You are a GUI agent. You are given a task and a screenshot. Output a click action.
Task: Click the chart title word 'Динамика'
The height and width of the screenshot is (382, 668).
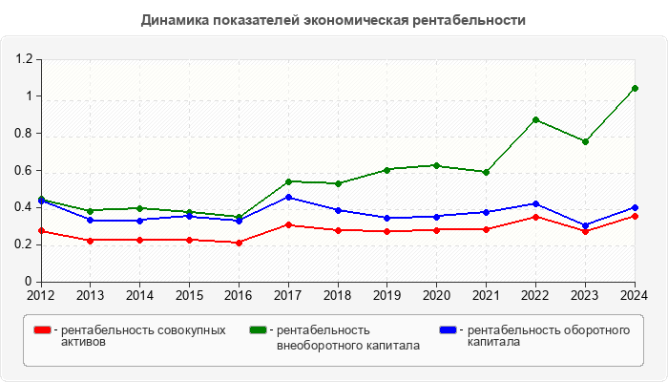tap(175, 20)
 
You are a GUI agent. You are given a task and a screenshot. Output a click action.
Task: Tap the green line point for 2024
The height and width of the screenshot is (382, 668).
tap(635, 88)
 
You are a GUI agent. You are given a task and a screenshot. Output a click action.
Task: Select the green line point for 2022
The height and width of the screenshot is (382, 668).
tap(535, 119)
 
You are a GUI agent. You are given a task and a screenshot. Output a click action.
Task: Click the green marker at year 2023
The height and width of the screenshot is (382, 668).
tap(585, 141)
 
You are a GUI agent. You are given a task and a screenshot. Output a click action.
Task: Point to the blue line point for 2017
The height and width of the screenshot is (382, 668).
tap(288, 197)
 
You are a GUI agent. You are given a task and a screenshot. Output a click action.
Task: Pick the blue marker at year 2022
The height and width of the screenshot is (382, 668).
tap(535, 203)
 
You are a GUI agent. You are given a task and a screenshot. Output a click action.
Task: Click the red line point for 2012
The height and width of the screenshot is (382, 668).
tap(41, 230)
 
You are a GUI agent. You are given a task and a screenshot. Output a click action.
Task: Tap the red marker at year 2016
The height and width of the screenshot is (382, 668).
tap(239, 243)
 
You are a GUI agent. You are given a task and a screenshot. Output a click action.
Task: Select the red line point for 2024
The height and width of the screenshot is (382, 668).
tap(635, 216)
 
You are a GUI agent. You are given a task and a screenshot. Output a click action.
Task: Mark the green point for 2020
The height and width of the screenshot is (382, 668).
tap(436, 165)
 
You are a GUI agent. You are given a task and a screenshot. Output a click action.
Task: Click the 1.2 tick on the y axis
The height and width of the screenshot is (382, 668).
tap(24, 59)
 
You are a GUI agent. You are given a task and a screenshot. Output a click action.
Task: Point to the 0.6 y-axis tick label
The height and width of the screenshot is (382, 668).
tap(24, 171)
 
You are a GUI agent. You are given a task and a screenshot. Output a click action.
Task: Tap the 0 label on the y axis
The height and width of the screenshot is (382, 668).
tap(30, 282)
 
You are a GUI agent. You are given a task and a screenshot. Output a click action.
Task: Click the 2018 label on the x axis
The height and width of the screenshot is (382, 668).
tap(338, 294)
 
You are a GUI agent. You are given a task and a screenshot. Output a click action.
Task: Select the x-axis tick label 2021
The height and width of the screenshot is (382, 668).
tap(486, 294)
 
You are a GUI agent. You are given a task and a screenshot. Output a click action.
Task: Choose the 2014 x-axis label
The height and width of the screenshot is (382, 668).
tap(139, 294)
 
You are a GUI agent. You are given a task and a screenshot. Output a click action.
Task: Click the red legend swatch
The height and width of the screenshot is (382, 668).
tap(42, 329)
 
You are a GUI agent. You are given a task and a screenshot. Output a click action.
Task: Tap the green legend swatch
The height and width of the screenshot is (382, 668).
tap(258, 329)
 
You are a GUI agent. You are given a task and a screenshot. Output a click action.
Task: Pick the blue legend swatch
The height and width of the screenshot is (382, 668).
tap(448, 329)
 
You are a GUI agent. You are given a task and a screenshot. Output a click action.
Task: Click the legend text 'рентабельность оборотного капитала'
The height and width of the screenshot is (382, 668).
tap(549, 336)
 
